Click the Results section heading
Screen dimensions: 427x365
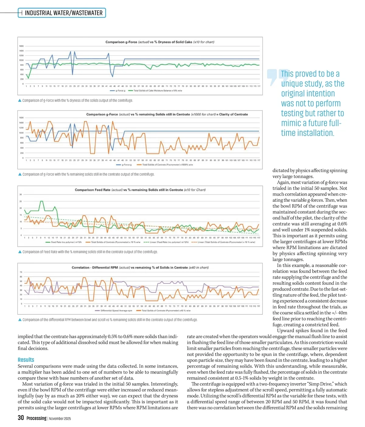pos(26,360)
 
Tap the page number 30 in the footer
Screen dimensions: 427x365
pos(21,418)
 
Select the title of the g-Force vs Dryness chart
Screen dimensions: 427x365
pos(160,42)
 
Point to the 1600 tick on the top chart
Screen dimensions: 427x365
pos(22,46)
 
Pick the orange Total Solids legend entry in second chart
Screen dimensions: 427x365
pos(165,165)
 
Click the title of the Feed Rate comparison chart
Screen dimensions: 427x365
pos(140,190)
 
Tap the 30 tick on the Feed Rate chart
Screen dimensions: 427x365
pos(21,195)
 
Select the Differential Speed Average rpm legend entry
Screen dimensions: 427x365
pos(113,311)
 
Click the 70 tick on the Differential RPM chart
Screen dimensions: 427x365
pos(21,272)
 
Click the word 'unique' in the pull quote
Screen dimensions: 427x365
pos(291,84)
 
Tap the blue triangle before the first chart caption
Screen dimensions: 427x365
pos(20,100)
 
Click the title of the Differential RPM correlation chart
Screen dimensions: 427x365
pos(140,268)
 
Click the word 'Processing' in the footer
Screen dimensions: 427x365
pos(36,418)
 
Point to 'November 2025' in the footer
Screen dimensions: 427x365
pos(60,418)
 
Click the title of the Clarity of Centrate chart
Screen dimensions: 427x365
pos(167,115)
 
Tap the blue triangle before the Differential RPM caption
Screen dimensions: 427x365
pos(20,320)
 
